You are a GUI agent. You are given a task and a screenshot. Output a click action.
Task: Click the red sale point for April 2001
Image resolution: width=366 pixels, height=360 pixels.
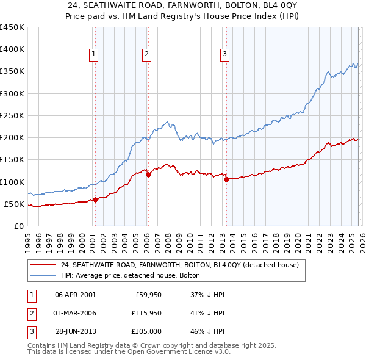pos(95,200)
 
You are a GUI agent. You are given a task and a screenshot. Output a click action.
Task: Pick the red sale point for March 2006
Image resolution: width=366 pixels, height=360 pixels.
pos(148,175)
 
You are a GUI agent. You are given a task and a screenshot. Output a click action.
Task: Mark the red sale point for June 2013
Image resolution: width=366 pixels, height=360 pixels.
pos(226,179)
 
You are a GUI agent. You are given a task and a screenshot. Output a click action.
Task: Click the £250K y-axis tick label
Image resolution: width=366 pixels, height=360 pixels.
pos(12,115)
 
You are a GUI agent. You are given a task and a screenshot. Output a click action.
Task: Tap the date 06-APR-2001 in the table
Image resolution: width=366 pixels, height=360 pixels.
pos(75,294)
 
